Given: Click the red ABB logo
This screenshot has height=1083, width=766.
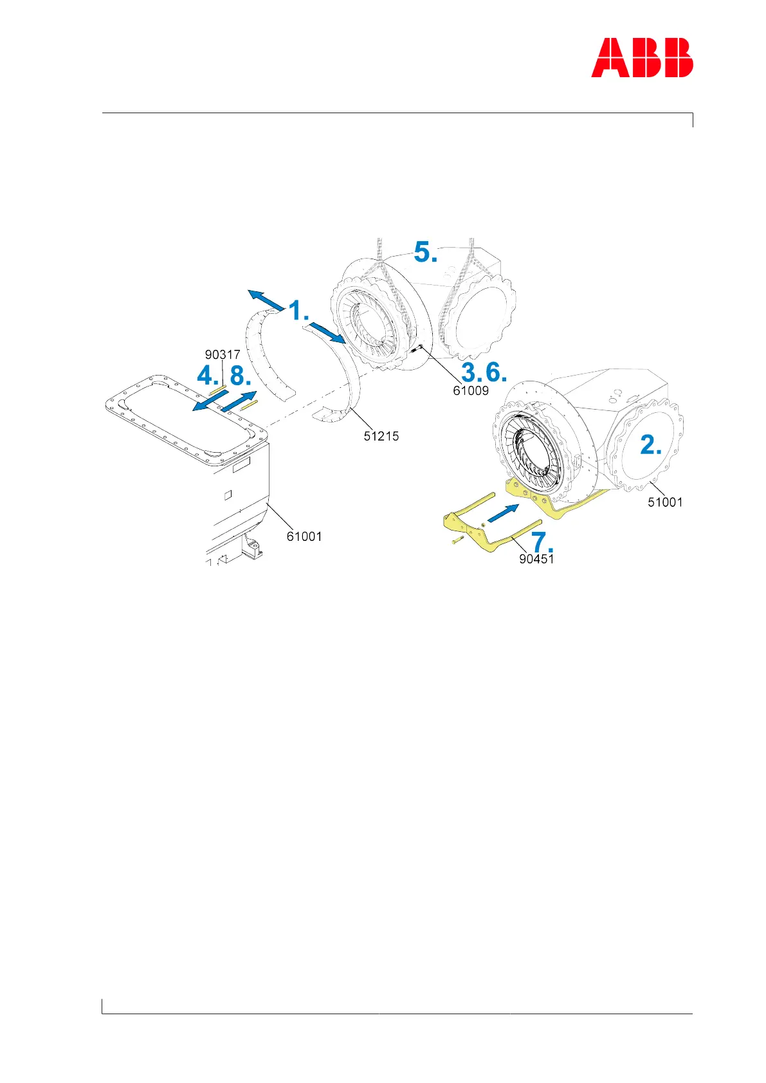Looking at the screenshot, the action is coord(642,58).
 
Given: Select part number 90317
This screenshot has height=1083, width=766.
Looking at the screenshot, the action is coord(223,354).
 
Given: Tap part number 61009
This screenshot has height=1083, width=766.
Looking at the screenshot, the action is coord(471,390).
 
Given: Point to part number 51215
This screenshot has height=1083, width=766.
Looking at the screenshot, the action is coord(381,436).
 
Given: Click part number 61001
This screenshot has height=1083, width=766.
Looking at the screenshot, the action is coord(304,536).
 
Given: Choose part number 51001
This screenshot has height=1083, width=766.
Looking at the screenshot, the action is coord(665,502).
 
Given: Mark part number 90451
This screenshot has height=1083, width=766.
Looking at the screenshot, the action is coord(536,559).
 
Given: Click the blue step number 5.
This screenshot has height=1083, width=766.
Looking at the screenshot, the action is coord(425,252).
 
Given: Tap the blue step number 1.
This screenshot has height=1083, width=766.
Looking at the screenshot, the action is coord(298,311).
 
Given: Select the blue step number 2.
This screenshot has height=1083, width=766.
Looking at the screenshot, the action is coord(650,445).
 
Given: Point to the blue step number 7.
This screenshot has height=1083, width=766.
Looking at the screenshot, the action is coord(541,542).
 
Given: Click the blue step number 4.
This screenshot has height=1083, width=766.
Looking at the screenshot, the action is coord(207,376).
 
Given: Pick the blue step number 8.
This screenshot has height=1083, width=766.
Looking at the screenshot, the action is coord(241,376).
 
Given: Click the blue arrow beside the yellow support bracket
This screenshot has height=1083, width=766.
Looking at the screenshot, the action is coord(503,514).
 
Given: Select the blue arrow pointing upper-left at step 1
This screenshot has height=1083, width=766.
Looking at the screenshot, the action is coord(266,299).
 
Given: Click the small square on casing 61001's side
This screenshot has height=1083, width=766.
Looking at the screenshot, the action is coord(226,495).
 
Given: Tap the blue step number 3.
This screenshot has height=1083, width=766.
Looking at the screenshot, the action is coord(471,372).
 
